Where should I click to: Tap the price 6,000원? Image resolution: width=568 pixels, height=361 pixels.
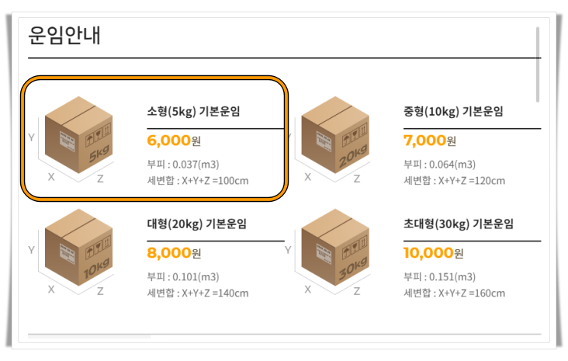pos(174,141)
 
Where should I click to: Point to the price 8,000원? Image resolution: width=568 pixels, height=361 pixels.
pos(174,252)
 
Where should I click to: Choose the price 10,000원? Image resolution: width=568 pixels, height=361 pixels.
pos(433,252)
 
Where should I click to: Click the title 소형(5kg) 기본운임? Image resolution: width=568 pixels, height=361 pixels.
pos(193,111)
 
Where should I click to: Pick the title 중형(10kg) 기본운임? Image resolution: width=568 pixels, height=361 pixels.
pos(453,111)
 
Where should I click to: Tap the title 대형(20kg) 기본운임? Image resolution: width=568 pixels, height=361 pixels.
pos(196,224)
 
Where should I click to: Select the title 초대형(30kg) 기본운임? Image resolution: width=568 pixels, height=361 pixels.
pos(459,224)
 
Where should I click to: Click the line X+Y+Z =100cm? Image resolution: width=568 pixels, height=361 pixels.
pos(197,181)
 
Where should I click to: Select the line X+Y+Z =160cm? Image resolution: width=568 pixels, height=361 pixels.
pos(454,293)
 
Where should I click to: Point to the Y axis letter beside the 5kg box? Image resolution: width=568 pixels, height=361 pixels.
pos(31,137)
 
